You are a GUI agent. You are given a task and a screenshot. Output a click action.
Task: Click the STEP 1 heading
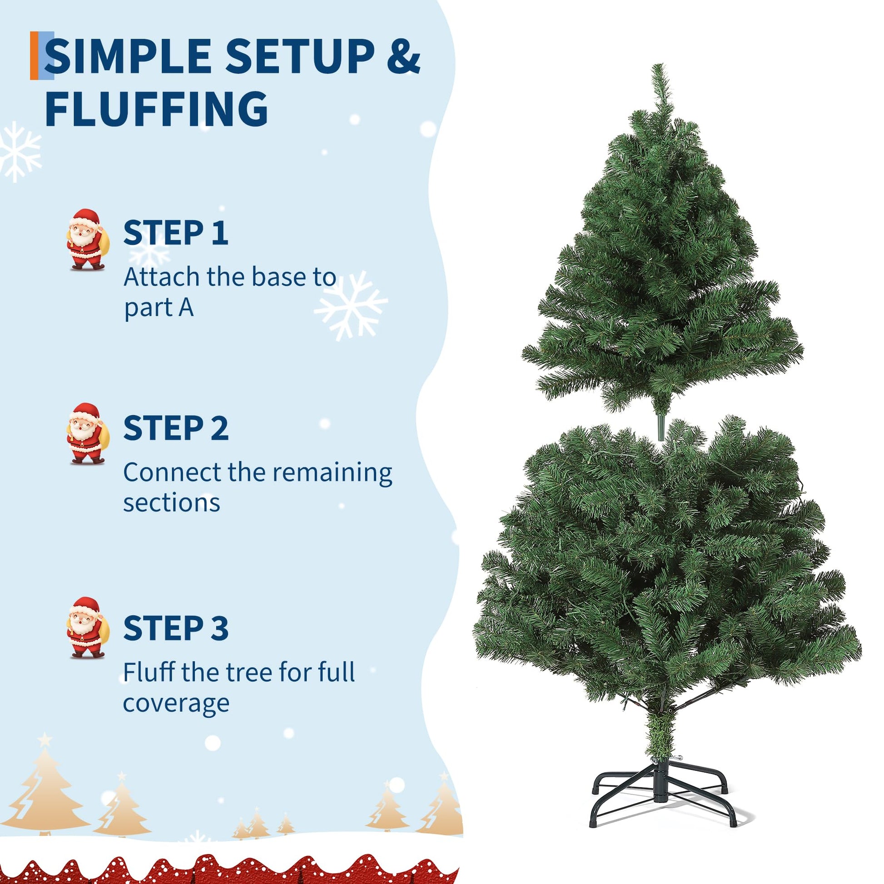[176, 233]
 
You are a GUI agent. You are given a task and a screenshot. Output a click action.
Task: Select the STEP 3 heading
[176, 628]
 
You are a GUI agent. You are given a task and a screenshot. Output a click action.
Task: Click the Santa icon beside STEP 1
[86, 239]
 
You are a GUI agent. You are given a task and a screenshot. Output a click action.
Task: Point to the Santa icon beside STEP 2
[86, 434]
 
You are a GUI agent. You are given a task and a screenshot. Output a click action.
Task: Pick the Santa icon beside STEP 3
[86, 628]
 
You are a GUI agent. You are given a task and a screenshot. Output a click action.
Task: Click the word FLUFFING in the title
[156, 109]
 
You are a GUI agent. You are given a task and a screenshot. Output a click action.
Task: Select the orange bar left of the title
[34, 56]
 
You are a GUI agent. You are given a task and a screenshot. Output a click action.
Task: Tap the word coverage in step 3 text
[176, 703]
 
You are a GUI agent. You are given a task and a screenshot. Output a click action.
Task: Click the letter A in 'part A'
[186, 308]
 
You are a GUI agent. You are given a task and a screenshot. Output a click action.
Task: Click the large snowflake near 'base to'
[351, 305]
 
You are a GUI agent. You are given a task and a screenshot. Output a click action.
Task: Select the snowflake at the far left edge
[18, 151]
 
